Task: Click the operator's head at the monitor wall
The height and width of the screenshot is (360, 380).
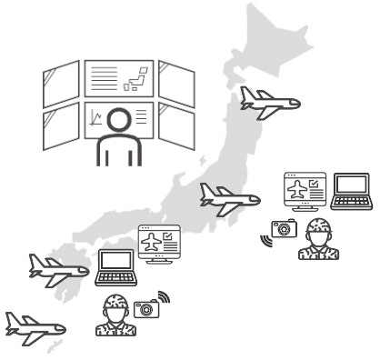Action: pos(117,119)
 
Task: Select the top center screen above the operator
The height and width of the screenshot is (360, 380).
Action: pos(119,78)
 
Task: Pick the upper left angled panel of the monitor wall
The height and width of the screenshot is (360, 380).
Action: pos(61,83)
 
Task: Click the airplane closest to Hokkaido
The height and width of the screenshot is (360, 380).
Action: pos(271,102)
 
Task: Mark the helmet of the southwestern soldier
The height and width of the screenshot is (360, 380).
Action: pos(115,304)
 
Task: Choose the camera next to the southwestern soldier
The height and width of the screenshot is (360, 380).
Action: pos(145,308)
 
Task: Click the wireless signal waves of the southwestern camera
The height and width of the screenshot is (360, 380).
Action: pos(164,297)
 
